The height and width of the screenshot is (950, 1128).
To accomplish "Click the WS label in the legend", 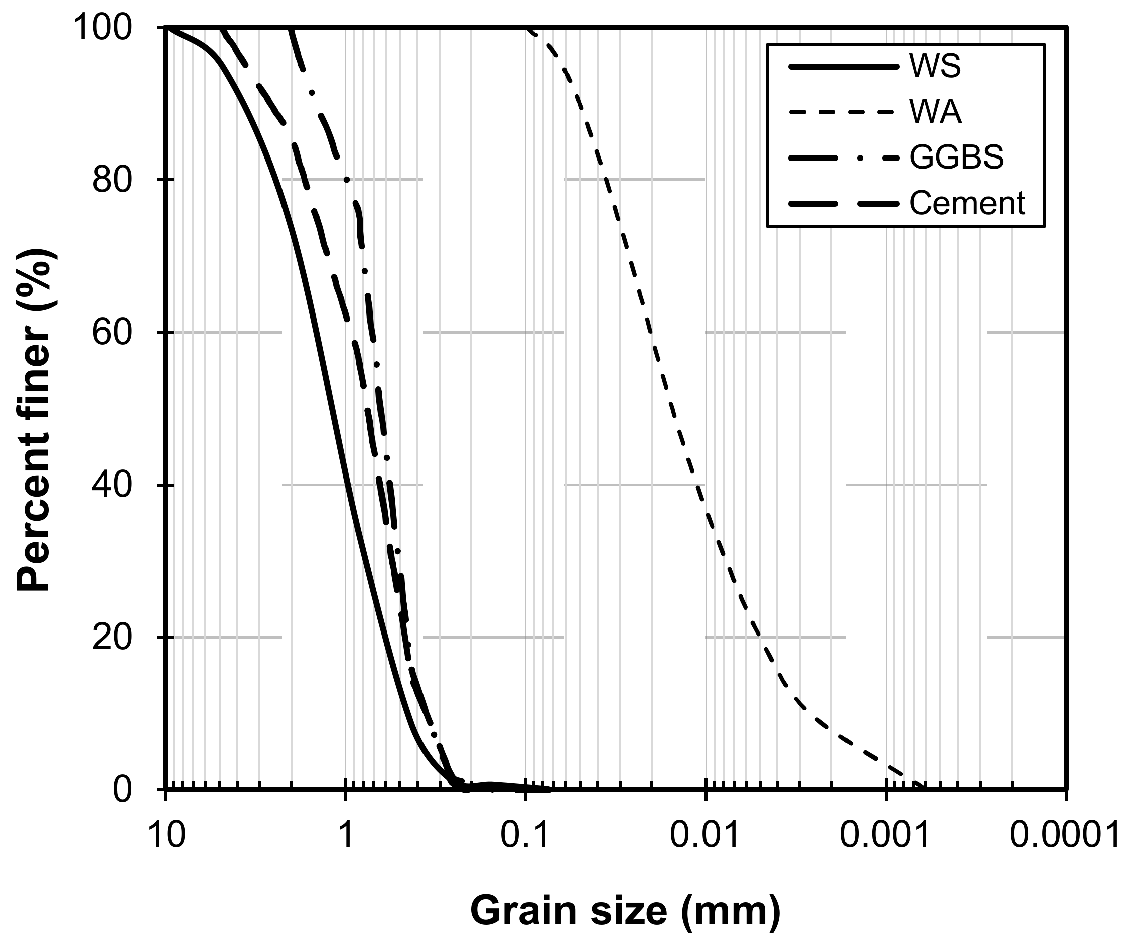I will (935, 67).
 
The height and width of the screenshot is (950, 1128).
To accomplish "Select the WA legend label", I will (935, 112).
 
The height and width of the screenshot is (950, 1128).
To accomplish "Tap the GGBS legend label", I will (957, 158).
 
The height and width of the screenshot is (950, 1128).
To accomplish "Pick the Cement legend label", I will (967, 204).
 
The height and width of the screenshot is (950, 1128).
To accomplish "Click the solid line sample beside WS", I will (843, 67).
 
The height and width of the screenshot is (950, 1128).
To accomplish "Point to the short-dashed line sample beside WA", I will (843, 112).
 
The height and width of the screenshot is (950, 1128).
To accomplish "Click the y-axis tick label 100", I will (103, 28).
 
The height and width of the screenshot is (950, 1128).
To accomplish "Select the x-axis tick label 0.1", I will (525, 835).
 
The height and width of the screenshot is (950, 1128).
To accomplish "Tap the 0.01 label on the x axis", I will (704, 835).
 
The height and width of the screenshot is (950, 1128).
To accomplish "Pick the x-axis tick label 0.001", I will (885, 835).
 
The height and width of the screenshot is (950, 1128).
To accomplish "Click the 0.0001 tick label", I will (1065, 835).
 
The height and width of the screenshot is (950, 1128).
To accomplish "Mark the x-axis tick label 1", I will (346, 835).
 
